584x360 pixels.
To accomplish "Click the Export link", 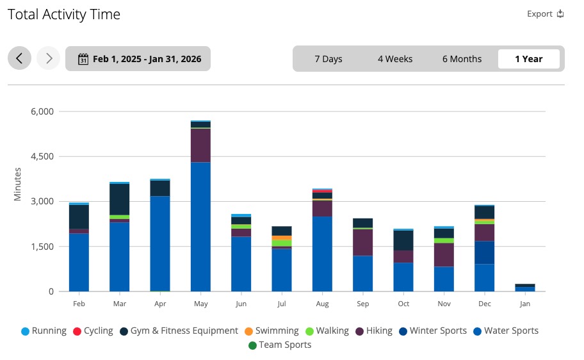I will pyautogui.click(x=545, y=14).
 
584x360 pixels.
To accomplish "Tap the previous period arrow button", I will pyautogui.click(x=19, y=58).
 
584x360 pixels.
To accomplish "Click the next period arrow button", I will pyautogui.click(x=48, y=58).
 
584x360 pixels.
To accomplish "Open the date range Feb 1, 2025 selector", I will pyautogui.click(x=138, y=59).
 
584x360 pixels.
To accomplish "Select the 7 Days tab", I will pyautogui.click(x=328, y=59).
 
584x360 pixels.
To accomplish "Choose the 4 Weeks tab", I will pyautogui.click(x=394, y=59).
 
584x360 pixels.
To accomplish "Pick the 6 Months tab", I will pyautogui.click(x=462, y=59).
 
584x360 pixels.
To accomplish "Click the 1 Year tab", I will pyautogui.click(x=528, y=59).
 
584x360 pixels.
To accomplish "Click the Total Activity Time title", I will pyautogui.click(x=63, y=14).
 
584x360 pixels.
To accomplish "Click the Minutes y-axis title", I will pyautogui.click(x=18, y=184).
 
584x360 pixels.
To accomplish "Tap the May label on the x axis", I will pyautogui.click(x=200, y=304).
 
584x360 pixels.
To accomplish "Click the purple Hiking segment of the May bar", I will pyautogui.click(x=200, y=145).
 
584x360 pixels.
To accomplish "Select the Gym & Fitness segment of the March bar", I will pyautogui.click(x=120, y=199).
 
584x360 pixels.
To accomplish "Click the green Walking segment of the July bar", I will pyautogui.click(x=282, y=243).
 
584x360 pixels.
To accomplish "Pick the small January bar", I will pyautogui.click(x=525, y=288).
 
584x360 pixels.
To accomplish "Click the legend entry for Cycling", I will pyautogui.click(x=93, y=331).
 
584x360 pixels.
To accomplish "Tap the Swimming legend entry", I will pyautogui.click(x=272, y=331).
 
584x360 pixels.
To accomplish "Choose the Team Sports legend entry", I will pyautogui.click(x=280, y=345).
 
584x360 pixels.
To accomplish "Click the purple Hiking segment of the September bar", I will pyautogui.click(x=362, y=242).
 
